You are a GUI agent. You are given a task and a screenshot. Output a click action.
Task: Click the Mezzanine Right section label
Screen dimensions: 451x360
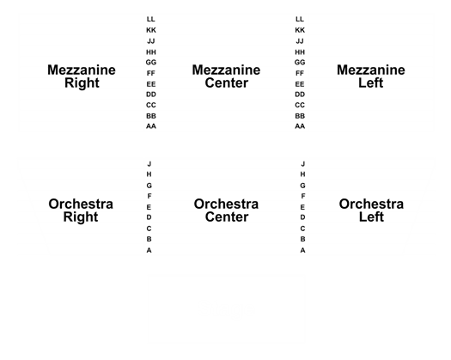(x=82, y=76)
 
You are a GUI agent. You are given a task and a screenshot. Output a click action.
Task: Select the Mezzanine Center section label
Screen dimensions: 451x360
(x=226, y=76)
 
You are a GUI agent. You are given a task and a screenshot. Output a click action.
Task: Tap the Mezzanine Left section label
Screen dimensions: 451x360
(x=371, y=76)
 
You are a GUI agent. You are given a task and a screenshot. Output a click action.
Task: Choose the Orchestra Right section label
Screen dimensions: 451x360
(x=81, y=211)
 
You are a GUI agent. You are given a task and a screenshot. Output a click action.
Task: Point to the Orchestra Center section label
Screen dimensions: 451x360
(x=226, y=211)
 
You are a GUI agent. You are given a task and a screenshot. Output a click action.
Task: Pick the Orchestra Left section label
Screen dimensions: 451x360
(x=371, y=211)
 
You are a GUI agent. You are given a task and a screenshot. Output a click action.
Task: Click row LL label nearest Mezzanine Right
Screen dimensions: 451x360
(x=150, y=19)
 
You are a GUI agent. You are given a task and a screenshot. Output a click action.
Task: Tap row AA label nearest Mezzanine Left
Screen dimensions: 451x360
(x=300, y=126)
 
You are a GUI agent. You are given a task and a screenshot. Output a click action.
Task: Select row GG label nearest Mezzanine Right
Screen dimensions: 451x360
(x=151, y=62)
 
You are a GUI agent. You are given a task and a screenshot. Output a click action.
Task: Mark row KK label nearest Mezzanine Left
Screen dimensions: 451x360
(x=300, y=30)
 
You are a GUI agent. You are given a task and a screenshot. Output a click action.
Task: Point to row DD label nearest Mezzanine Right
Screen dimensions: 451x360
(x=151, y=95)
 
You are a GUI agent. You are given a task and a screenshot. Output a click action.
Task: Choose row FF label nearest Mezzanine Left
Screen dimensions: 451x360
(x=300, y=73)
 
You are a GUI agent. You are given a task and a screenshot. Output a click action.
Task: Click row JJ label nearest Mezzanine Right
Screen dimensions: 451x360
(x=151, y=41)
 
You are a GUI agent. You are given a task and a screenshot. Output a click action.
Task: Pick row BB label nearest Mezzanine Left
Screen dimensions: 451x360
(x=300, y=116)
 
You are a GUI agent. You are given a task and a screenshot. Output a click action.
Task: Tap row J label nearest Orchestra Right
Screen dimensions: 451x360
(x=149, y=164)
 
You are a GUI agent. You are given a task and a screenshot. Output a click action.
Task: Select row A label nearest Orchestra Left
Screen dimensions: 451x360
(x=302, y=250)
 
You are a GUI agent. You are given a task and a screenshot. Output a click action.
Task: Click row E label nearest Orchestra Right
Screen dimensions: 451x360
(x=149, y=207)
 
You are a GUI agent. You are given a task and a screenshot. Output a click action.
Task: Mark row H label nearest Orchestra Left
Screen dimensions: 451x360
(x=302, y=174)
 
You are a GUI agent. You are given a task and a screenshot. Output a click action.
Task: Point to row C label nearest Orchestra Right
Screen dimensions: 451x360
(x=149, y=229)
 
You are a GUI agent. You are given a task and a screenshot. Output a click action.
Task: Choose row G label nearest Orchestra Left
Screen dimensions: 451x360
(x=302, y=186)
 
